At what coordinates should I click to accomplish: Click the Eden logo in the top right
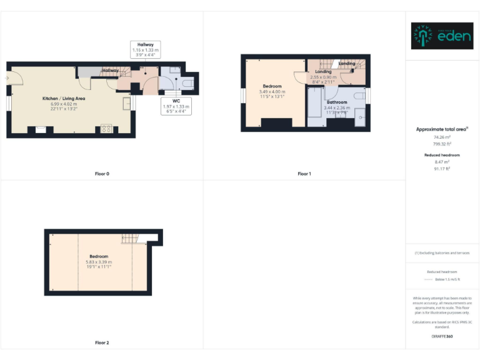click(x=442, y=36)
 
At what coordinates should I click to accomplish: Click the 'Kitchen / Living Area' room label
click(x=64, y=99)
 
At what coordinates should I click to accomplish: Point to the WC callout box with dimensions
click(x=176, y=106)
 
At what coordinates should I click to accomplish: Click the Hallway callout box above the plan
click(x=145, y=48)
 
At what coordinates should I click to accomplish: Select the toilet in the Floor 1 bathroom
click(x=359, y=96)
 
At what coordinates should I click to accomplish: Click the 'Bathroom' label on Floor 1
click(x=336, y=102)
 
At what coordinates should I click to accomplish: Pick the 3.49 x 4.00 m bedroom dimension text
click(x=272, y=92)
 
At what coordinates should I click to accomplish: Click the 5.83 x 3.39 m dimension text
click(x=98, y=262)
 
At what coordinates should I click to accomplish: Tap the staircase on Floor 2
click(x=129, y=237)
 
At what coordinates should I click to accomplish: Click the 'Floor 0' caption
click(x=102, y=174)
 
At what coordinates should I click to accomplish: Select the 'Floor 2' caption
click(x=102, y=342)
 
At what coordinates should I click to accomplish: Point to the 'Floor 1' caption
click(x=304, y=174)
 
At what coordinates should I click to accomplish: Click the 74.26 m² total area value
click(x=442, y=137)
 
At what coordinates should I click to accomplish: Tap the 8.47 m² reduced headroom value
click(x=442, y=162)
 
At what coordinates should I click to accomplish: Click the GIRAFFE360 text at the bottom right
click(x=442, y=337)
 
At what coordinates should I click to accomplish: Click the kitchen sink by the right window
click(x=126, y=102)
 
